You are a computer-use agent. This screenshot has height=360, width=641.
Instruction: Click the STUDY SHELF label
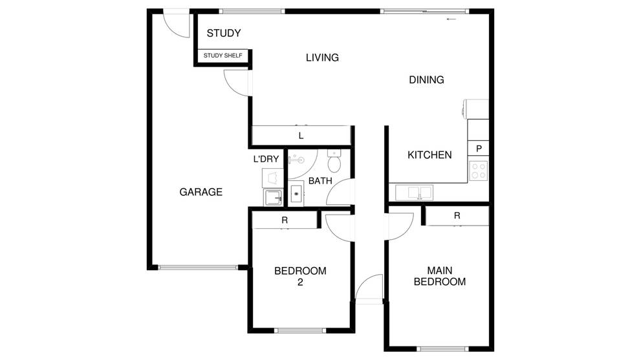click(223, 56)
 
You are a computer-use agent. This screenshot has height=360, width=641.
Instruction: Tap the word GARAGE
click(201, 192)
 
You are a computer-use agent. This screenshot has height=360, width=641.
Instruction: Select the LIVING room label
click(322, 58)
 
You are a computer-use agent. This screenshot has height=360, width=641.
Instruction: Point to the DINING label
click(426, 79)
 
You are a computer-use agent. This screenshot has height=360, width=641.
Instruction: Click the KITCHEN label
click(429, 155)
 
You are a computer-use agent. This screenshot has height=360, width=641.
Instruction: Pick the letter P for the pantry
click(479, 149)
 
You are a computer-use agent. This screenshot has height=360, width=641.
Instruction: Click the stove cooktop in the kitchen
click(478, 171)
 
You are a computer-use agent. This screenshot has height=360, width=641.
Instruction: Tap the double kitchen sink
click(414, 193)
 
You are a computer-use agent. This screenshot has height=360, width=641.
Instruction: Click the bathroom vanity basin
click(297, 194)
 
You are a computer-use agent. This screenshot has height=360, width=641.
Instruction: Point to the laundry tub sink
click(273, 198)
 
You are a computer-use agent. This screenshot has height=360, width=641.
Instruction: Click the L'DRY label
click(266, 159)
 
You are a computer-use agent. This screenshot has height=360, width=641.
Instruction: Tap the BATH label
click(320, 180)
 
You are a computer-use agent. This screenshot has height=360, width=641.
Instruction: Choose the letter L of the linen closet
click(301, 136)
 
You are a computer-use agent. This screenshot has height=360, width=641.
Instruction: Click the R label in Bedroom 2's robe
click(285, 220)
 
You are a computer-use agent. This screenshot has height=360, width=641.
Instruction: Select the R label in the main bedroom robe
click(457, 215)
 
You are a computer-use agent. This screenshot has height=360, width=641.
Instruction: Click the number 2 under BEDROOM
click(300, 282)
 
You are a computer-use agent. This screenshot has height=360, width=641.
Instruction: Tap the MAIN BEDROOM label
click(439, 276)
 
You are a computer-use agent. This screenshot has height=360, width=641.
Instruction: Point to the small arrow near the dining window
click(451, 19)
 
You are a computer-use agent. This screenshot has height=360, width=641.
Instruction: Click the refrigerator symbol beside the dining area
click(476, 109)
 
